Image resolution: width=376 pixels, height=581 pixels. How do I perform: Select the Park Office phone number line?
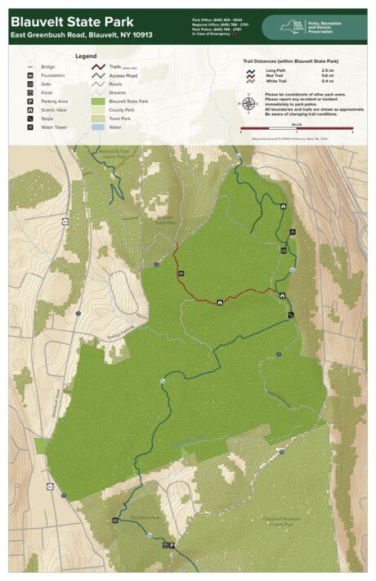point(217,19)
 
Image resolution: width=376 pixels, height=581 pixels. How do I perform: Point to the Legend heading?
point(86,56)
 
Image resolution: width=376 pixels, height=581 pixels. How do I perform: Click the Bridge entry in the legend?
point(47,66)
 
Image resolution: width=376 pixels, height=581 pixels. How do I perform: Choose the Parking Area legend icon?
point(29,101)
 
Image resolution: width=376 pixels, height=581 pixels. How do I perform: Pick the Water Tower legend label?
point(56,127)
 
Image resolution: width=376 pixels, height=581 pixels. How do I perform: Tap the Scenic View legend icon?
point(29,110)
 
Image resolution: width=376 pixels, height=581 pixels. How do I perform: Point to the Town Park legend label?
point(121,118)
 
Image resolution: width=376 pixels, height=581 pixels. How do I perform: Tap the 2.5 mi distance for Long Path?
point(327,71)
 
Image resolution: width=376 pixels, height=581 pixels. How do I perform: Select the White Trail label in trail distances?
point(277,82)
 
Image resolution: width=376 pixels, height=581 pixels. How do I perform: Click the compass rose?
point(249,103)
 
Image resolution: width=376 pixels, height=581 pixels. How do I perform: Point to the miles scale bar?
point(296,129)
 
